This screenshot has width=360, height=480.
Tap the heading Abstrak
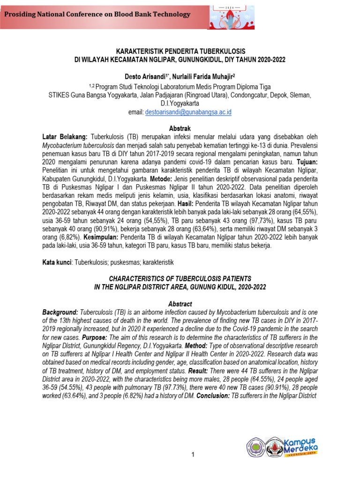(180, 128)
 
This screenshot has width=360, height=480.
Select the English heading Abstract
(180, 304)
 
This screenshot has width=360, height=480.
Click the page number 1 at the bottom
(192, 455)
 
